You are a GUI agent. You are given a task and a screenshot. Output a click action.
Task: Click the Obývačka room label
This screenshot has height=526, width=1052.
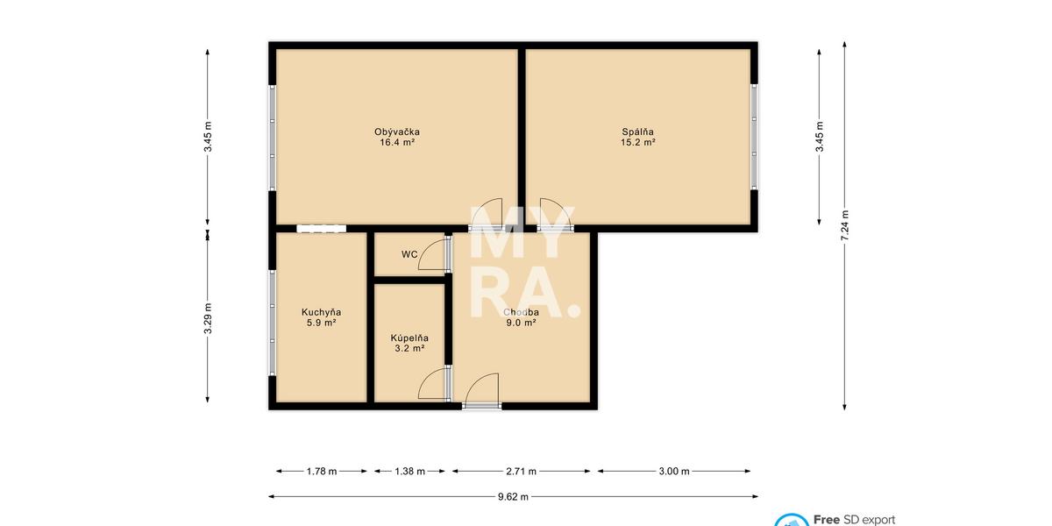pyautogui.click(x=397, y=132)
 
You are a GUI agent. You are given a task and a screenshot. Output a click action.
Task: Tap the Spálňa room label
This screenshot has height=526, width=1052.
pyautogui.click(x=638, y=132)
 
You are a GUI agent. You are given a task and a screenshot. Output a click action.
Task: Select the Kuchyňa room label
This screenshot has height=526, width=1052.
pyautogui.click(x=321, y=312)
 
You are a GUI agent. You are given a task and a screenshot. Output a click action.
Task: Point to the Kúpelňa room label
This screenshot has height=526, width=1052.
pyautogui.click(x=409, y=338)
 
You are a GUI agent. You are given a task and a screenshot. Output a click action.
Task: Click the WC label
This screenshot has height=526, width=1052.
pyautogui.click(x=409, y=254)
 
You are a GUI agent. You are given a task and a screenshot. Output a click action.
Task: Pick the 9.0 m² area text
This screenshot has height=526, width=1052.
pyautogui.click(x=521, y=323)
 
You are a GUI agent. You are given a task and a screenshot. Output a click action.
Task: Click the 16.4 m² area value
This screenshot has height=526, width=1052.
pyautogui.click(x=397, y=142)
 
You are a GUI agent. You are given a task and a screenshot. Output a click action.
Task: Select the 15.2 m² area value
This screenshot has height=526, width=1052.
pyautogui.click(x=638, y=142)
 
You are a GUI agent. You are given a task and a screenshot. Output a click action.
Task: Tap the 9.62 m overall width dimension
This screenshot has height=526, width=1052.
pyautogui.click(x=514, y=497)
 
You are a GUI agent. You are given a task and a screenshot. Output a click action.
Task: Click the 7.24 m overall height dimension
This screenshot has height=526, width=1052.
pyautogui.click(x=844, y=225)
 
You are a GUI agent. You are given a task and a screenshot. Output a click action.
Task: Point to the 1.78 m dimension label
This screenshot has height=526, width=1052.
pyautogui.click(x=322, y=471)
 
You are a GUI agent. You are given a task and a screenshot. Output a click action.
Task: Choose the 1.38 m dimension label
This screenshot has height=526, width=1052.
pyautogui.click(x=409, y=471)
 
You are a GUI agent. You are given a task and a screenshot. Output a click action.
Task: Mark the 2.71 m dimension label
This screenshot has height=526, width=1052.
pyautogui.click(x=521, y=471)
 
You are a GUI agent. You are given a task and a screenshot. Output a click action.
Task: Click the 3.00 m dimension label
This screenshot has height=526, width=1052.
pyautogui.click(x=674, y=471)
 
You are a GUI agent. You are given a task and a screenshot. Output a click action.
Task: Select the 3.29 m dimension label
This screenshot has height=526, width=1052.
pyautogui.click(x=208, y=318)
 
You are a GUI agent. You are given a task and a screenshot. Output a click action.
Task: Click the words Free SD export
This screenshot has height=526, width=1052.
pyautogui.click(x=854, y=519)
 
